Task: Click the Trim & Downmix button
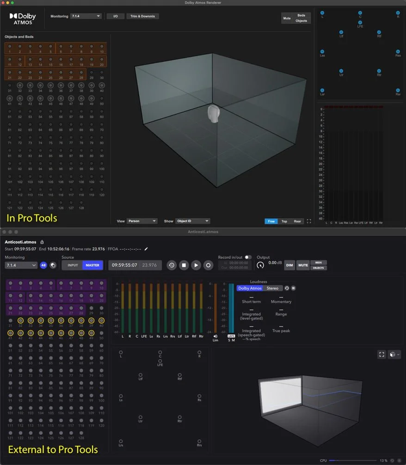(143, 16)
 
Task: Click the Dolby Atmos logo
(23, 18)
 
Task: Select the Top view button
(284, 221)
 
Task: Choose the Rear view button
(297, 221)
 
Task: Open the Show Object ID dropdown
(193, 221)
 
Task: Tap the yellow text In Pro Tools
(32, 217)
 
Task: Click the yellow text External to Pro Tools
(53, 449)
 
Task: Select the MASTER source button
(92, 265)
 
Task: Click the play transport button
(196, 265)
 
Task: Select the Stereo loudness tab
(272, 288)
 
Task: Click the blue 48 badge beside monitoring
(43, 265)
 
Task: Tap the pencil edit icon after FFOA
(147, 249)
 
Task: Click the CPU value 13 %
(383, 460)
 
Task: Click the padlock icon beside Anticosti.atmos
(42, 242)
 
